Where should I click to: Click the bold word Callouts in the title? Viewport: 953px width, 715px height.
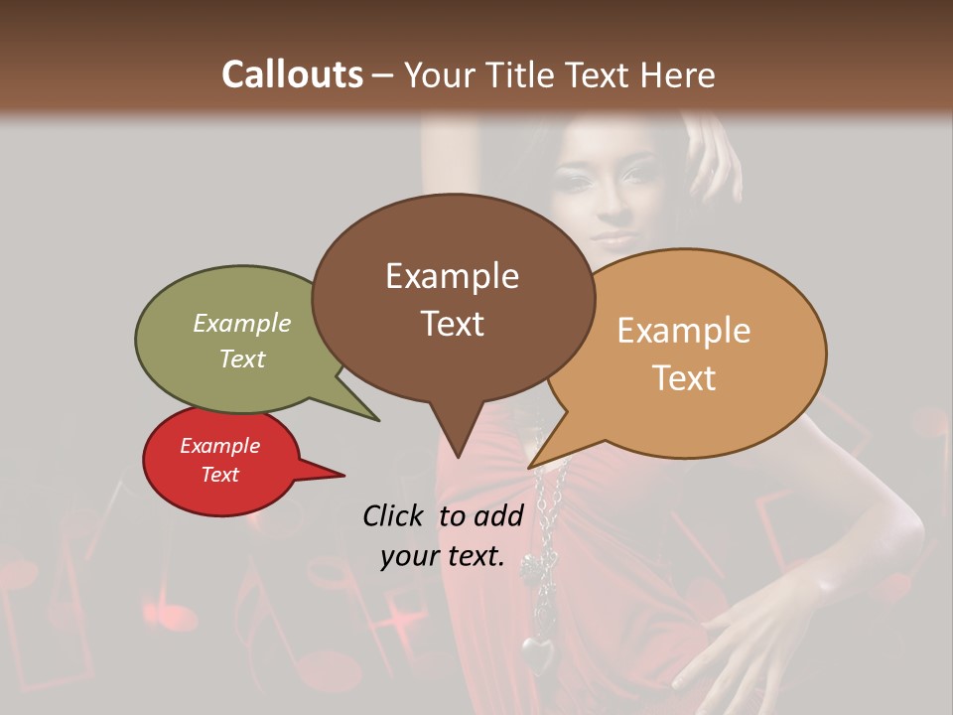[x=292, y=74]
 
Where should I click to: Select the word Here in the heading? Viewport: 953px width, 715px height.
[x=677, y=74]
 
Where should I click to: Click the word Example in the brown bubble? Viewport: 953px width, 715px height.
[x=452, y=276]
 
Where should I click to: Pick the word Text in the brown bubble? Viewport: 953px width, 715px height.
[x=452, y=324]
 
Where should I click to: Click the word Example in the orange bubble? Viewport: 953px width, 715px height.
[x=684, y=331]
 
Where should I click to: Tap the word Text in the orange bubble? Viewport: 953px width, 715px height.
[x=684, y=378]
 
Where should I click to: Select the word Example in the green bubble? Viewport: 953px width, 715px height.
[x=242, y=324]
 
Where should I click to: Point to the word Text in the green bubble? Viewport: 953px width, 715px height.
[x=242, y=358]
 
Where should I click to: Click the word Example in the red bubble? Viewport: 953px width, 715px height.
[x=219, y=446]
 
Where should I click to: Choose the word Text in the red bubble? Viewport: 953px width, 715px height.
[x=219, y=475]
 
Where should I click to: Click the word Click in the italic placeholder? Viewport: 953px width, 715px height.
[x=392, y=515]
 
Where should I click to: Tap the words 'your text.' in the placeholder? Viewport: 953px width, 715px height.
[x=443, y=557]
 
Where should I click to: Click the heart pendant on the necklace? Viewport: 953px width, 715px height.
[x=538, y=653]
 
